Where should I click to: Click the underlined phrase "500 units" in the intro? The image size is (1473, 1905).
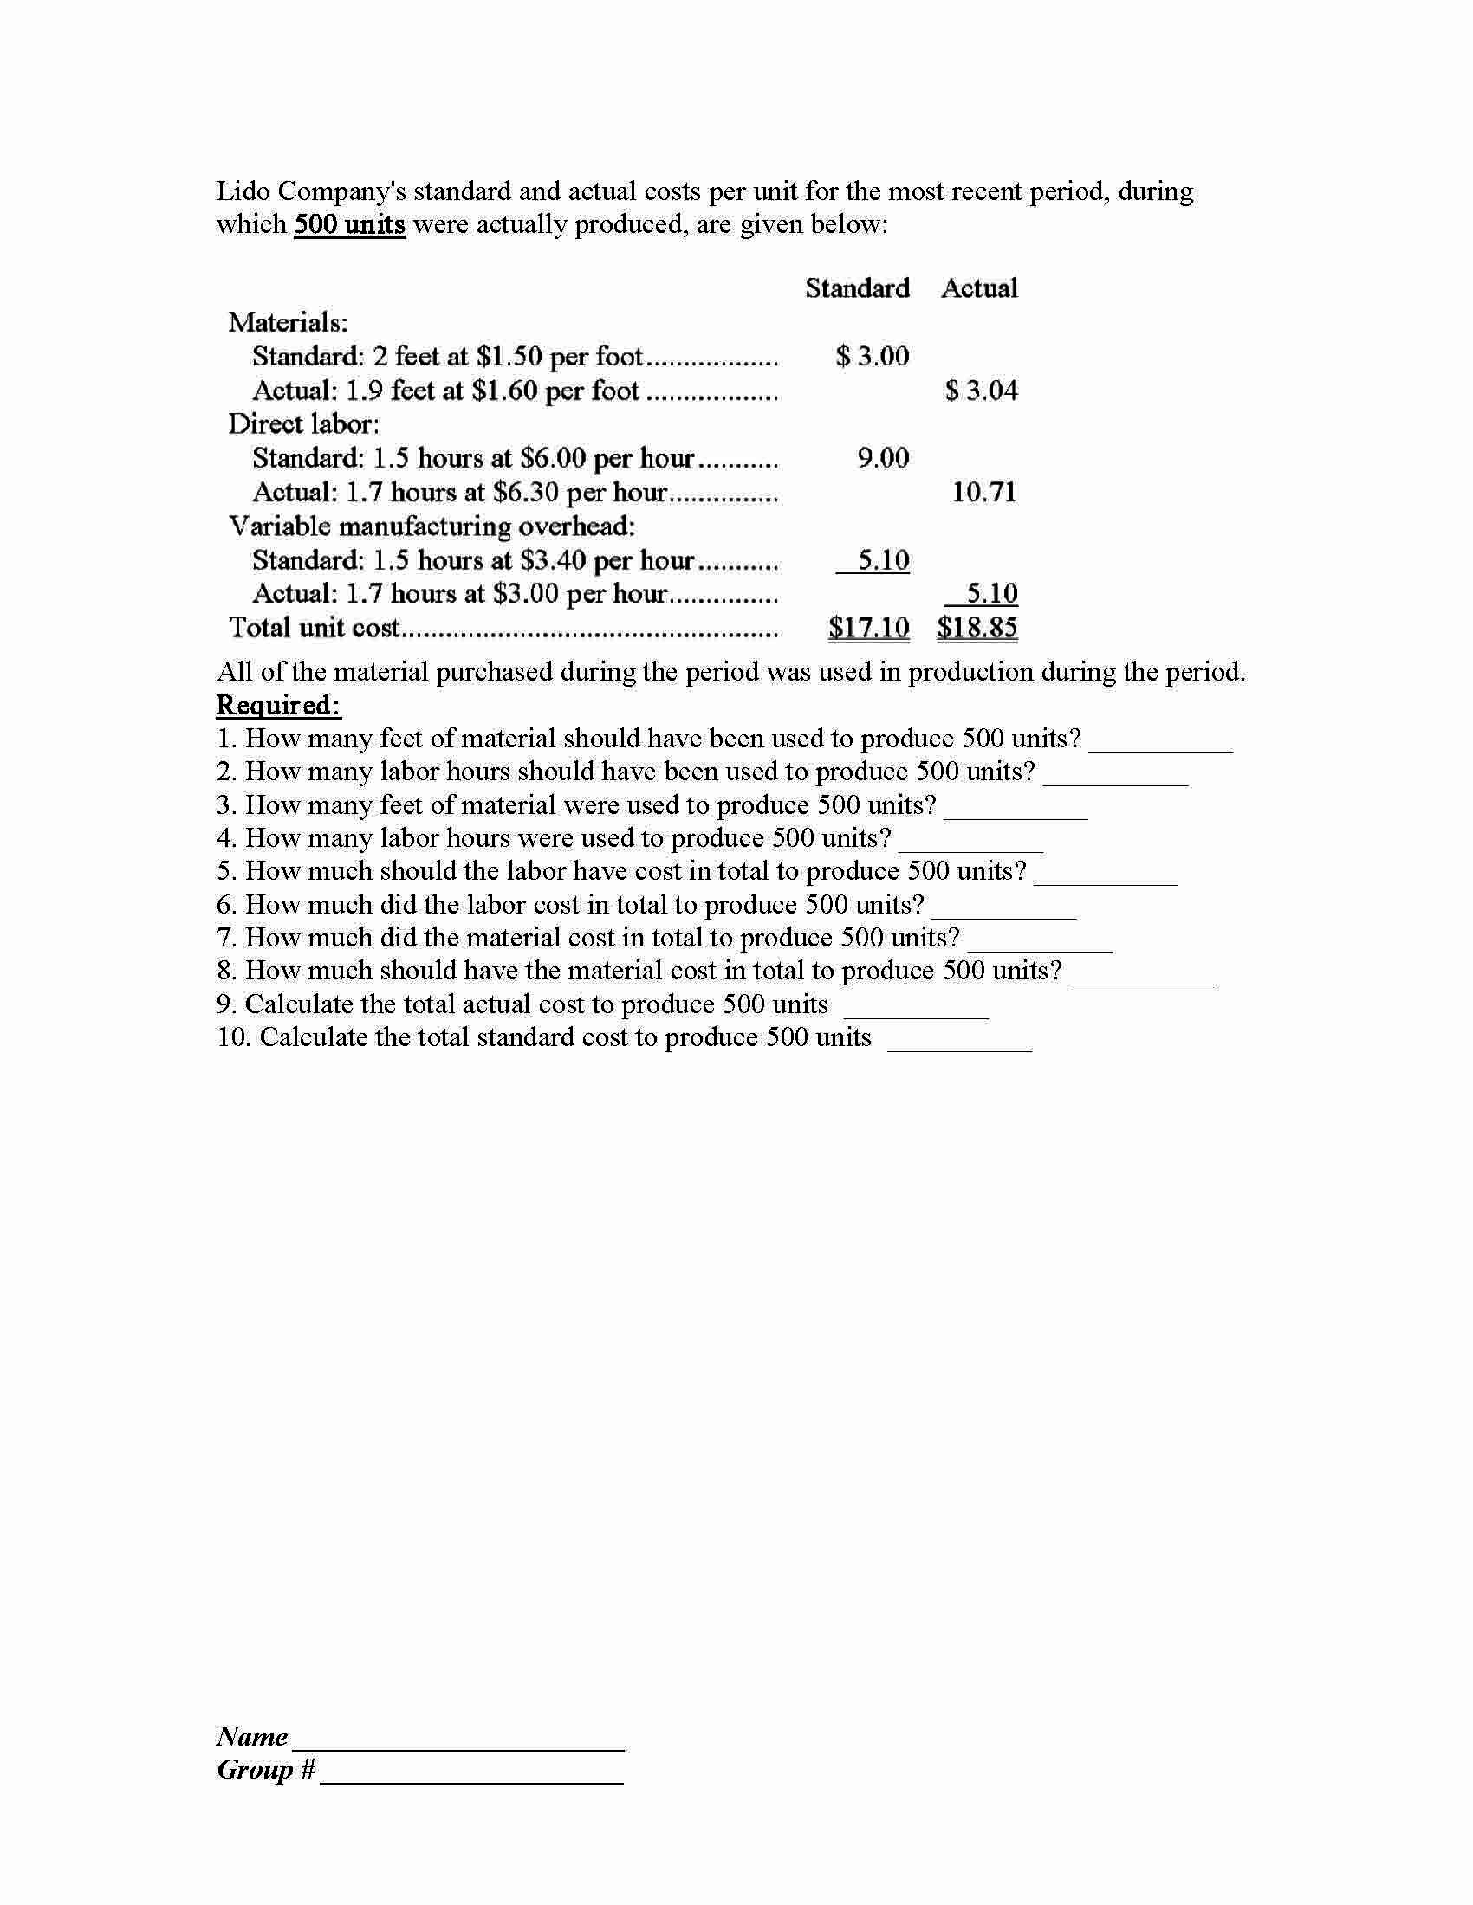349,225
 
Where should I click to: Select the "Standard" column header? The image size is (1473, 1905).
857,287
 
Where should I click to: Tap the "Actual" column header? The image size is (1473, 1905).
979,287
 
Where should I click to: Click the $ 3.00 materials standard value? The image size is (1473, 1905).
872,356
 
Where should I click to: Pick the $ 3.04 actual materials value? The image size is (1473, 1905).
981,390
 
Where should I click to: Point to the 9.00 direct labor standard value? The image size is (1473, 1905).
882,458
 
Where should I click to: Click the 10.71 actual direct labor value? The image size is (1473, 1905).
983,492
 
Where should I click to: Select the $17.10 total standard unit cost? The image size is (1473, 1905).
868,627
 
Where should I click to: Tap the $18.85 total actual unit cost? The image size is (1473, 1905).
977,627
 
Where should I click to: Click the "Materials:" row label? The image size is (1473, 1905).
288,323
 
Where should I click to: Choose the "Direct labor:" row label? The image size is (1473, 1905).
303,424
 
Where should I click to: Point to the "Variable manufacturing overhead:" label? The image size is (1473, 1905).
432,526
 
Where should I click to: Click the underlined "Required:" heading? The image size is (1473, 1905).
278,705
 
